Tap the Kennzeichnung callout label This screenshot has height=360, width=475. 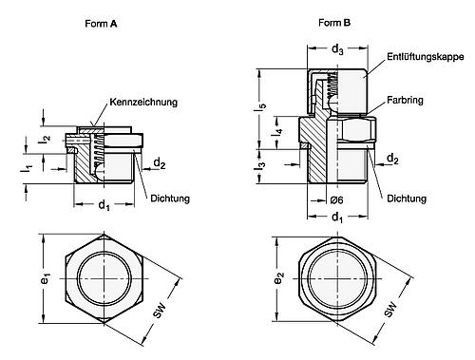(x=142, y=101)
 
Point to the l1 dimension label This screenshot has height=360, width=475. (x=28, y=168)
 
